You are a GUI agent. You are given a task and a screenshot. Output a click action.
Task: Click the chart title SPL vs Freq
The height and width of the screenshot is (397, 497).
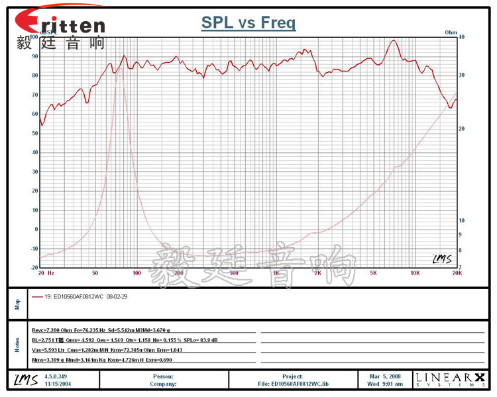248,24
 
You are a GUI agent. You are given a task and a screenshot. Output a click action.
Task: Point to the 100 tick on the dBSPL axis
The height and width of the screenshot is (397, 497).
34,37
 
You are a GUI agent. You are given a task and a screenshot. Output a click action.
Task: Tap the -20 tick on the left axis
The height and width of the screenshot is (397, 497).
34,267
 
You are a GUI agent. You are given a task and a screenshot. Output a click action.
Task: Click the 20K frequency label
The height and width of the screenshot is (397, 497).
457,273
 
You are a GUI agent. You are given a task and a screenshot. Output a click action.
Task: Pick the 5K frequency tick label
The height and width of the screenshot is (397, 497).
374,273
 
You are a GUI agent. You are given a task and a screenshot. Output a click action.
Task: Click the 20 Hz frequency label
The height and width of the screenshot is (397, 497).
46,273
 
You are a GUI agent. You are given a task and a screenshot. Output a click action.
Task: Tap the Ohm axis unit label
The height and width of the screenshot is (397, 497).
451,31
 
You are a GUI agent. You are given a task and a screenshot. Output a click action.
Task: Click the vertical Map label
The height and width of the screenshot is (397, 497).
17,304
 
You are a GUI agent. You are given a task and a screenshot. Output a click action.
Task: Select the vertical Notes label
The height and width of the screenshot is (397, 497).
17,344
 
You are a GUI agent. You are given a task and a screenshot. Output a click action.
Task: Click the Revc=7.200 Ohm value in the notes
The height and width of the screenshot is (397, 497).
52,330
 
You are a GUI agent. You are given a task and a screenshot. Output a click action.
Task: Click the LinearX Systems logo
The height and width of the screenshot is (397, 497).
449,379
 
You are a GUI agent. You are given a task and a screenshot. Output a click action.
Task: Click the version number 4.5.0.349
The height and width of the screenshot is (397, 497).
56,375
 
